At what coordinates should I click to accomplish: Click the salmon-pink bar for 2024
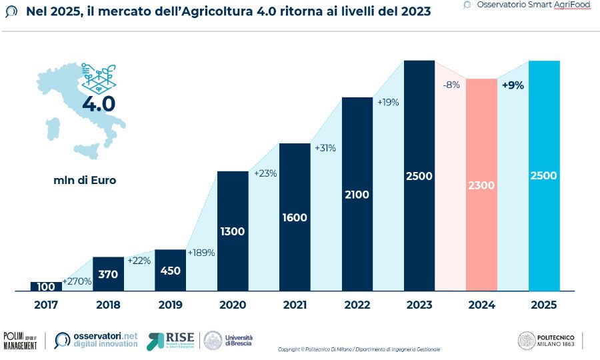[481, 185]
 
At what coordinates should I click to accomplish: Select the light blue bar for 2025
[543, 176]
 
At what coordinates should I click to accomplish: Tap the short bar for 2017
[46, 286]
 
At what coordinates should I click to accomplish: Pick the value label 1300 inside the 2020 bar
[233, 232]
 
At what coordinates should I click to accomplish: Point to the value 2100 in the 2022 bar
[357, 195]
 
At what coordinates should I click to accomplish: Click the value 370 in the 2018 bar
[108, 273]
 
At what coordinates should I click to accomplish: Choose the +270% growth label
[77, 281]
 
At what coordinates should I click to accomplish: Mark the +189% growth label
[201, 253]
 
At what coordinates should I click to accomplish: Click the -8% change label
[451, 85]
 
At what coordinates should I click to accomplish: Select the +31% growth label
[326, 147]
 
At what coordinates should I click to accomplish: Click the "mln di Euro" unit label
[85, 180]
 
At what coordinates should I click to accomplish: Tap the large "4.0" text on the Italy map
[98, 104]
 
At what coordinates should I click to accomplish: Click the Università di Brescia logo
[227, 341]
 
